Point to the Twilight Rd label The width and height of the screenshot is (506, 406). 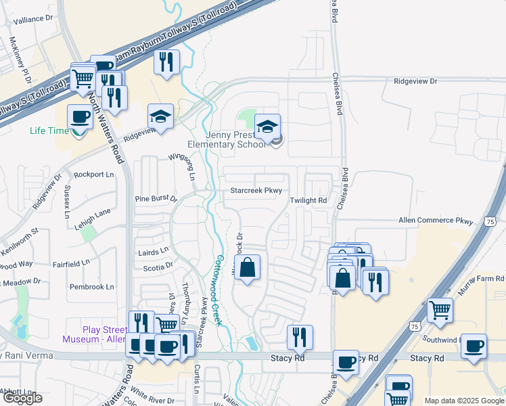pyautogui.click(x=308, y=201)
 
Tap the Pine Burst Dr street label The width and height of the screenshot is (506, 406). pyautogui.click(x=155, y=199)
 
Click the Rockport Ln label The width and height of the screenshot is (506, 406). pyautogui.click(x=93, y=174)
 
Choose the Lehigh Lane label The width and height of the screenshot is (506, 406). pyautogui.click(x=92, y=212)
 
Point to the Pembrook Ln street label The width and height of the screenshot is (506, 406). pyautogui.click(x=91, y=287)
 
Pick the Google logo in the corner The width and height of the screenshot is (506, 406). pyautogui.click(x=22, y=399)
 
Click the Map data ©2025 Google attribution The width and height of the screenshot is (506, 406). pyautogui.click(x=463, y=401)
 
